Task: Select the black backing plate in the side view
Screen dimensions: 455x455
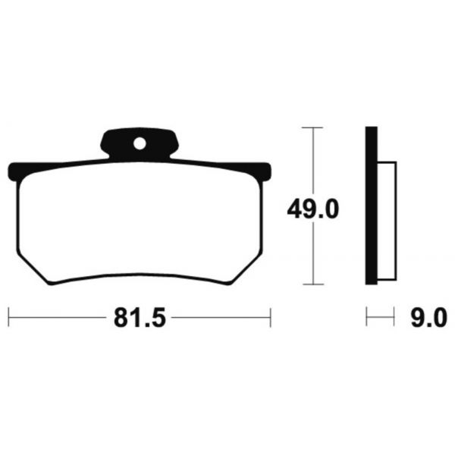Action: (x=370, y=205)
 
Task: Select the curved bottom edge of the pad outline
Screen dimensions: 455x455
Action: (x=140, y=277)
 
